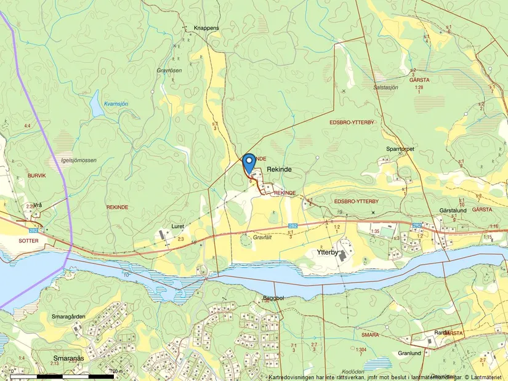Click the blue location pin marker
click(249, 163)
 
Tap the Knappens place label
click(206, 28)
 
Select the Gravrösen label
click(169, 71)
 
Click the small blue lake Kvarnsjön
click(97, 106)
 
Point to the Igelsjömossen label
click(75, 160)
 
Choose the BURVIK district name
click(37, 175)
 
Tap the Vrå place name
click(38, 205)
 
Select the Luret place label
click(177, 226)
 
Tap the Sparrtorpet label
click(400, 149)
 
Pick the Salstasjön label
click(386, 87)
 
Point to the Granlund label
click(409, 353)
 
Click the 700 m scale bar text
click(115, 372)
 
